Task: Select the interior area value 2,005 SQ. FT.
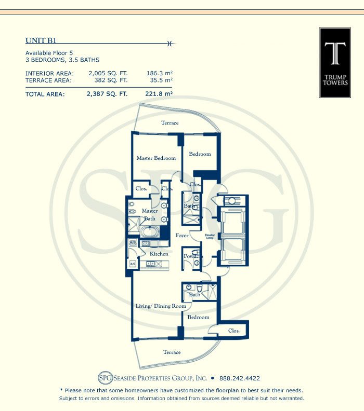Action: (x=107, y=74)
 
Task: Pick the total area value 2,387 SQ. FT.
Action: (x=107, y=94)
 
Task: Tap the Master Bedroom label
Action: (x=156, y=158)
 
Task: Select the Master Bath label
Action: (x=150, y=215)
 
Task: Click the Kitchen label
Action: (x=159, y=254)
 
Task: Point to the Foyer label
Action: (x=181, y=236)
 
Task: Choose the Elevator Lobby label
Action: (x=210, y=238)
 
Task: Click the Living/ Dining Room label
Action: (x=161, y=306)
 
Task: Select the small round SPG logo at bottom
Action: (x=105, y=378)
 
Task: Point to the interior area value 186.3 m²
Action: (x=159, y=74)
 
